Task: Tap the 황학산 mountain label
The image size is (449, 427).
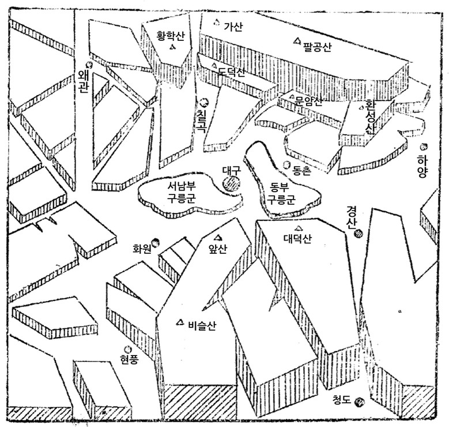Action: (172, 36)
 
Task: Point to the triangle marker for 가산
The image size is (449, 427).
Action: (216, 23)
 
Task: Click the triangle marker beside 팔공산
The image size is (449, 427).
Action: (297, 40)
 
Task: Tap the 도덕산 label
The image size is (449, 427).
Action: (231, 73)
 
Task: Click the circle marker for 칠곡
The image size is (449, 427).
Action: (203, 102)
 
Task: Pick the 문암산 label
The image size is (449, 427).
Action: (309, 100)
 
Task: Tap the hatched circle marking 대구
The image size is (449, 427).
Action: (232, 184)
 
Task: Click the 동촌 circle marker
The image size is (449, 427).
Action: (287, 165)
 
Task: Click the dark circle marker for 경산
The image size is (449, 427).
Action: (358, 233)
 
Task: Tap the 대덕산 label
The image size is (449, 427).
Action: (297, 239)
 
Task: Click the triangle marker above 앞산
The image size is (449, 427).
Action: (218, 237)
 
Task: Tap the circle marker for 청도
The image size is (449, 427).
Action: (360, 402)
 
